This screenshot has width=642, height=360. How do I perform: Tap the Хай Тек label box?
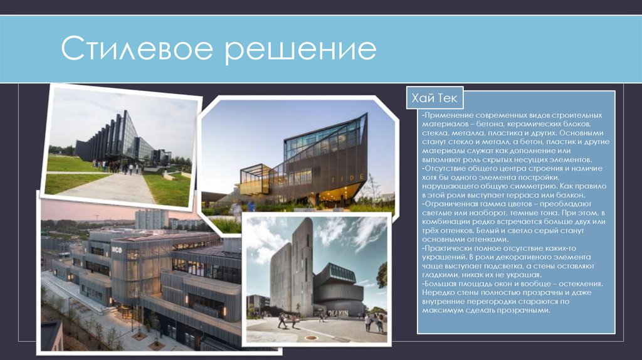pos(434,99)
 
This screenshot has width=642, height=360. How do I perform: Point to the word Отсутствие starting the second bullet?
pos(446,169)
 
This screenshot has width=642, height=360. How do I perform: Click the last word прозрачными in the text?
pos(515,310)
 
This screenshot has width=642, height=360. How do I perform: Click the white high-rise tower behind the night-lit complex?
pos(151,219)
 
